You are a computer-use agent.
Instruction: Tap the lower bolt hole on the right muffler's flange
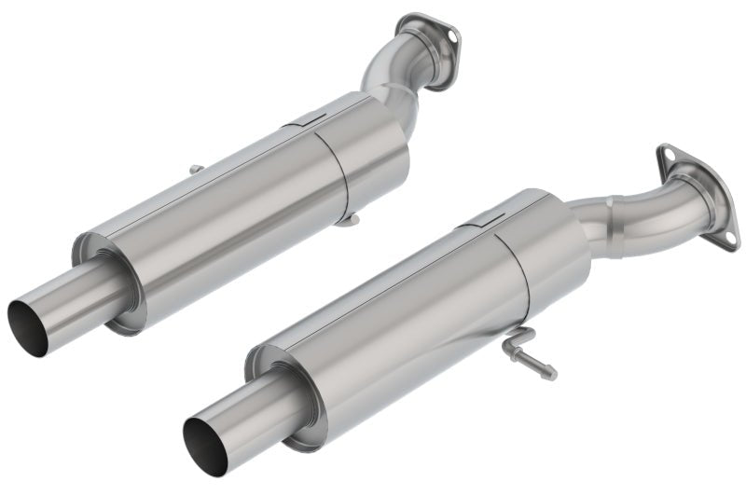[x=724, y=233]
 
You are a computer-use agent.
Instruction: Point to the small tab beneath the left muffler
[x=347, y=219]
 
